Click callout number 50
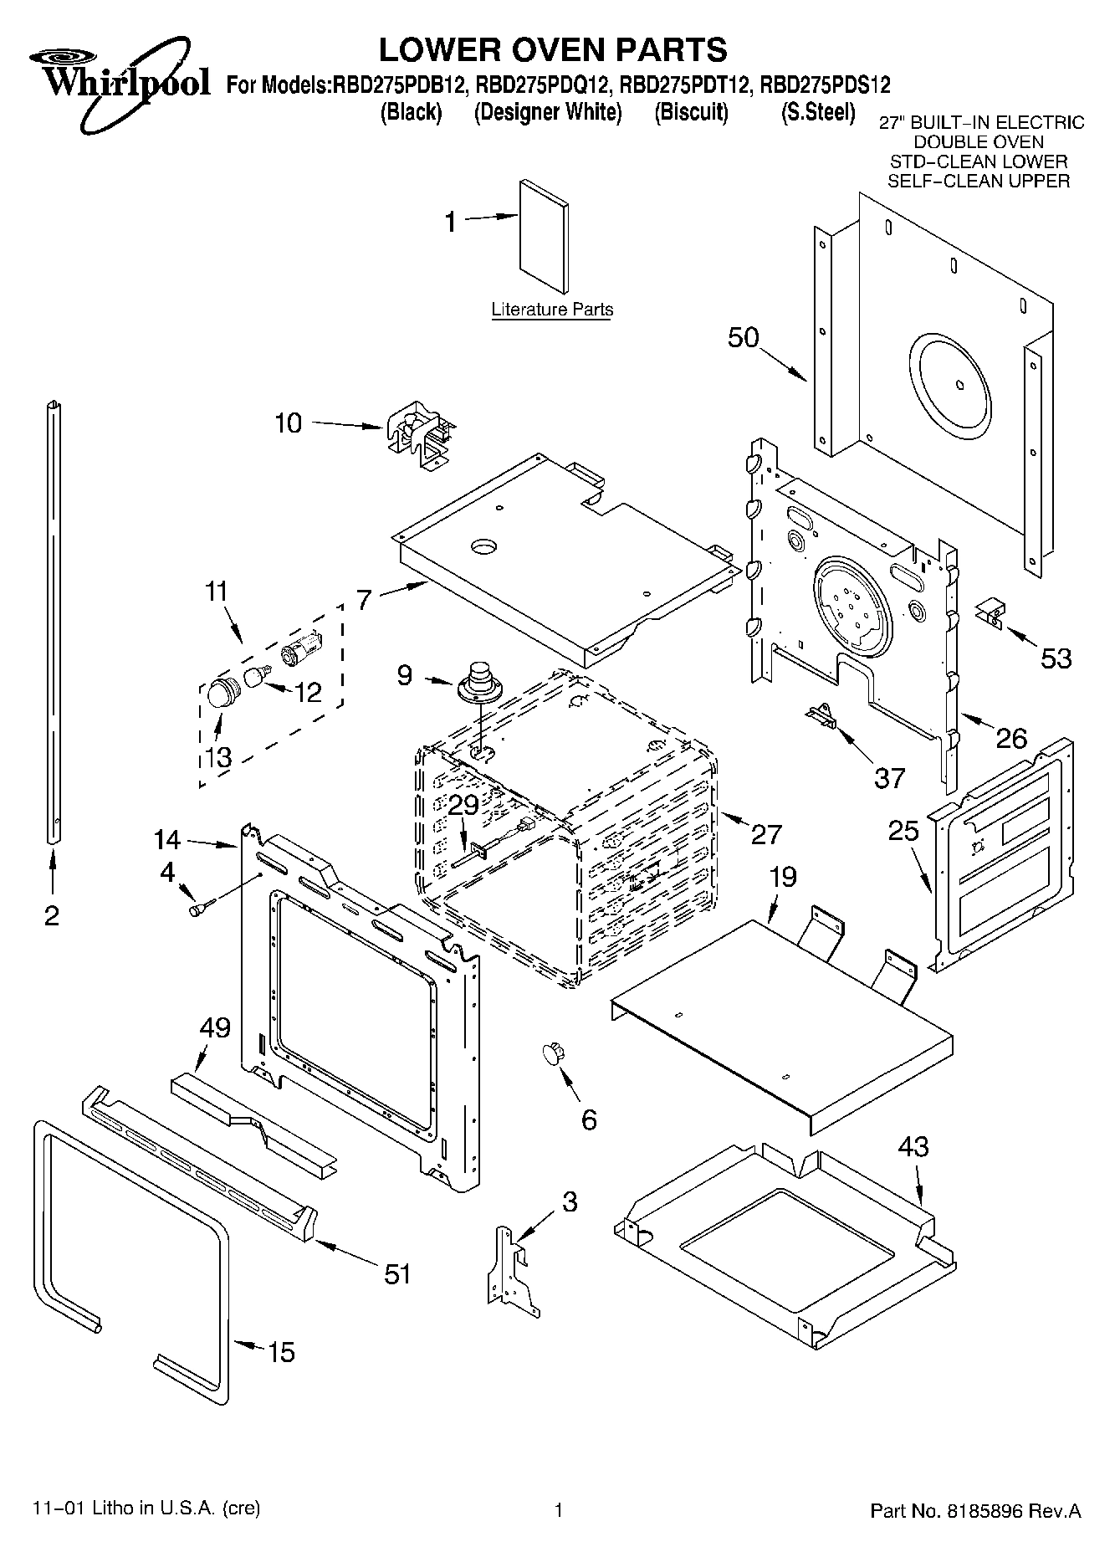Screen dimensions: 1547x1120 (x=743, y=338)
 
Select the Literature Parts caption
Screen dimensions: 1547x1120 (x=552, y=310)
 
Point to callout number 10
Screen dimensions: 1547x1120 (x=288, y=423)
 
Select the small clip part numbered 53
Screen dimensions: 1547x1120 (x=990, y=613)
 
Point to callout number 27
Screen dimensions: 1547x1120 (x=765, y=834)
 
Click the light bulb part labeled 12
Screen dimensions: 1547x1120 (x=258, y=674)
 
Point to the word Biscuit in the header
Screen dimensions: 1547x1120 (x=691, y=112)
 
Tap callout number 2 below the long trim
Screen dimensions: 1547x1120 (x=52, y=916)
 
